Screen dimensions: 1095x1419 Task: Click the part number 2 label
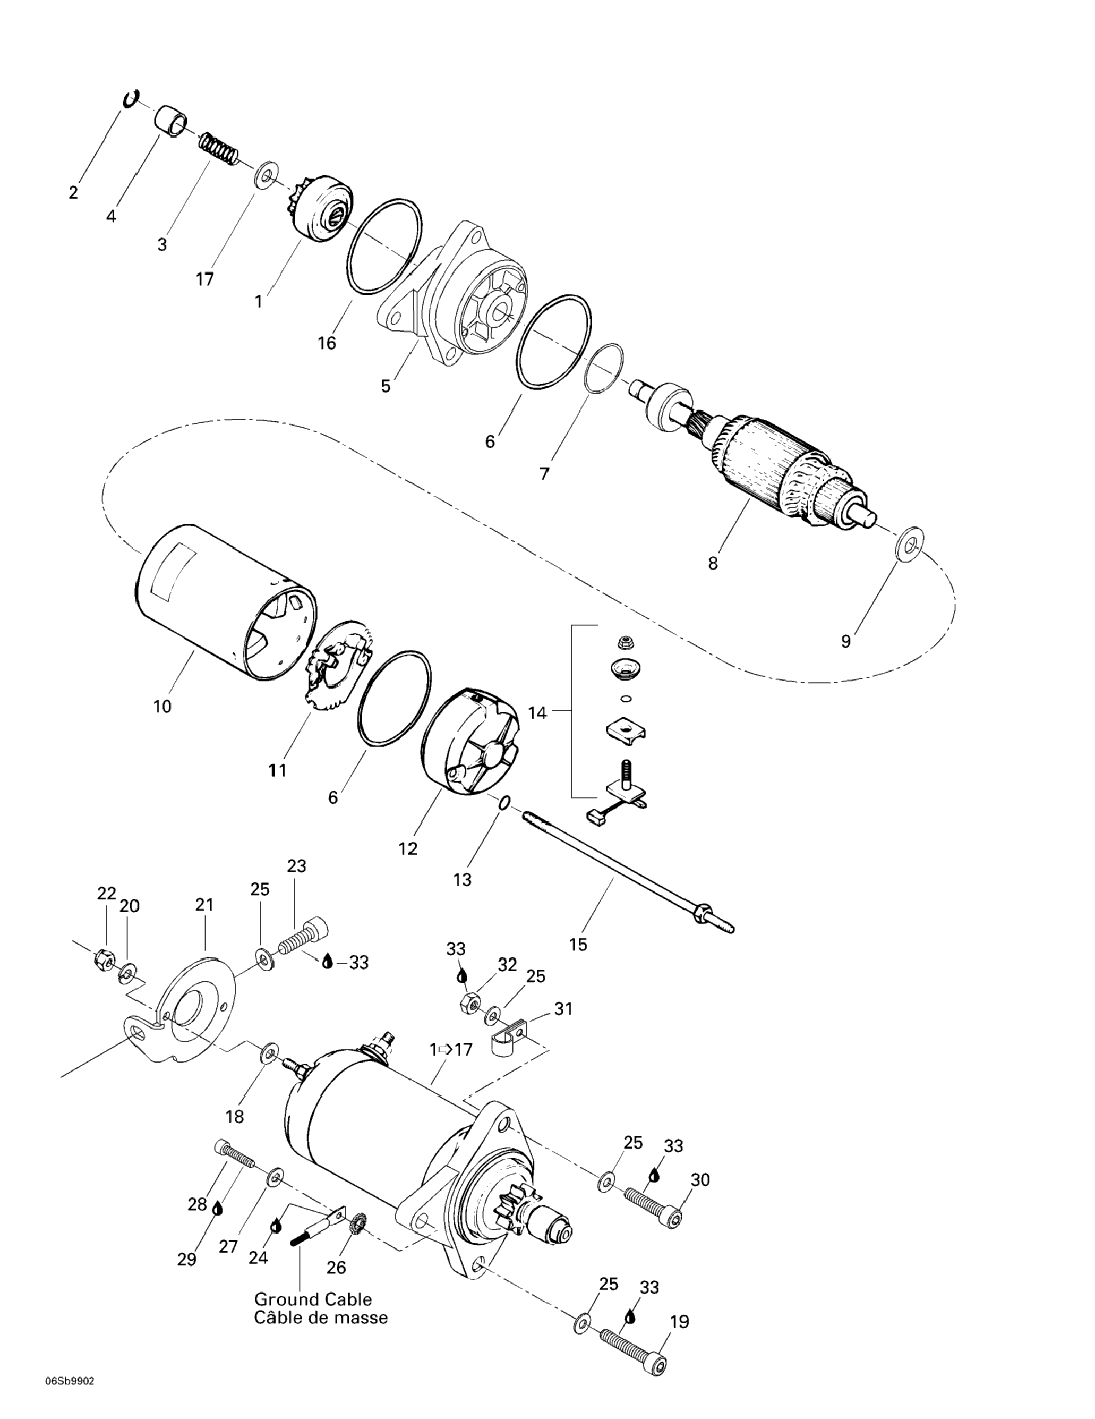(x=73, y=192)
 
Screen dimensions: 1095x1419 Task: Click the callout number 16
(x=327, y=343)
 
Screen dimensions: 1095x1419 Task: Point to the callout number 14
(x=537, y=713)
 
